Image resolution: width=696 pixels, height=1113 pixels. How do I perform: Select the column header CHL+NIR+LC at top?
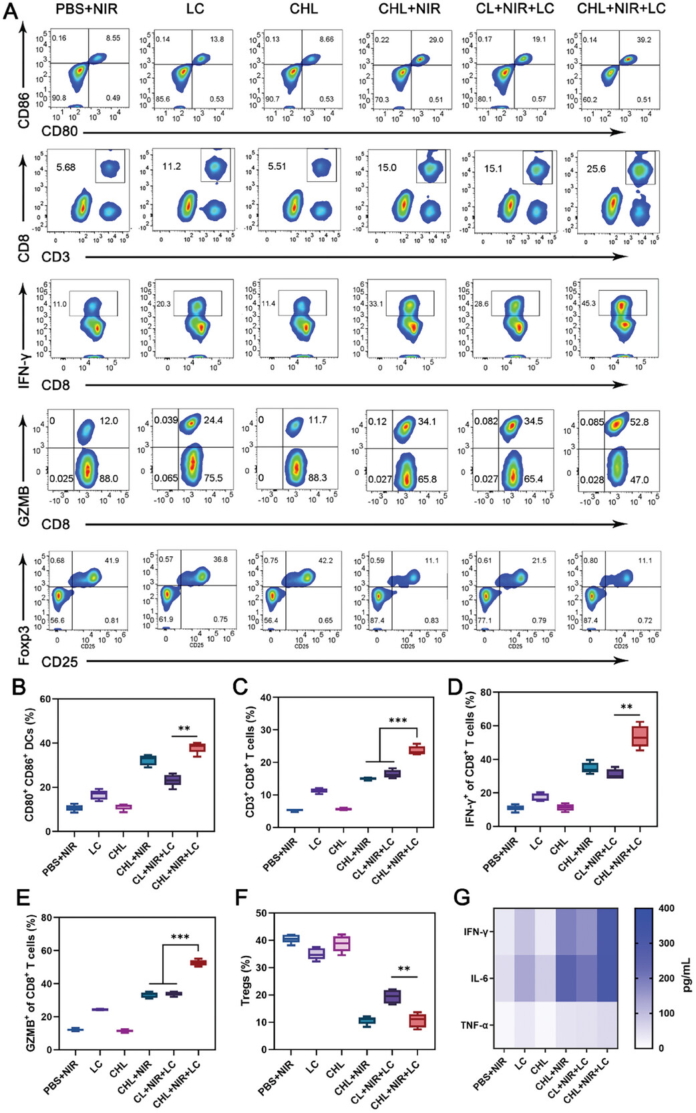point(621,9)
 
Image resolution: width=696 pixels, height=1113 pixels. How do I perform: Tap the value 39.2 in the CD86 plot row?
point(644,39)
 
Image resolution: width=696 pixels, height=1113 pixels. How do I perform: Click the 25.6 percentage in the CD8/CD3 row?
point(596,168)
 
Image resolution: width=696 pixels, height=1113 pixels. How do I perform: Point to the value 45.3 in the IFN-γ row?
point(588,303)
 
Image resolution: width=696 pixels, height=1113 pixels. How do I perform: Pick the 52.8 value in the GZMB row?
point(639,422)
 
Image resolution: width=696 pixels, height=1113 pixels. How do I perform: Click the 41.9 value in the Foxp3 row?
point(111,560)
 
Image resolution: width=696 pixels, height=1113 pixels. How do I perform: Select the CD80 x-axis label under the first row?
point(59,131)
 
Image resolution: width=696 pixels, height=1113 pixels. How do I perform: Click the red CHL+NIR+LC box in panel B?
point(197,748)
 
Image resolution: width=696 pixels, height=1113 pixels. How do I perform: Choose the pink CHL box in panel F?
point(342,943)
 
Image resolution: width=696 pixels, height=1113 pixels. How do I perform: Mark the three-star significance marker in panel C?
point(397,721)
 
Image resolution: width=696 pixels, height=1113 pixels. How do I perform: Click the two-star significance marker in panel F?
point(403,969)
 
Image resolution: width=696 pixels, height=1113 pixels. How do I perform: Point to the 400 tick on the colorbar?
point(666,908)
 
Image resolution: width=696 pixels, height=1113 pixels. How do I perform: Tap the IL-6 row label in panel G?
point(480,979)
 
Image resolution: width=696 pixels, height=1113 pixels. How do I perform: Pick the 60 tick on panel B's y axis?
point(45,699)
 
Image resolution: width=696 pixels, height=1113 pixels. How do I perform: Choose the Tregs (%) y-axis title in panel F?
point(245,981)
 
